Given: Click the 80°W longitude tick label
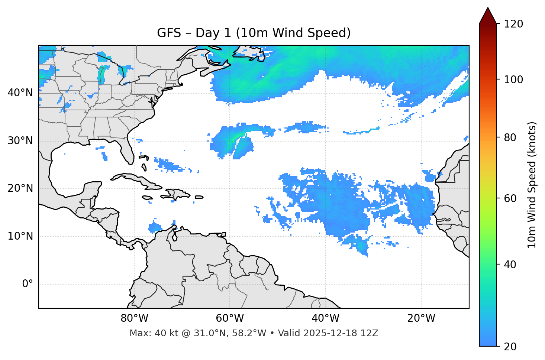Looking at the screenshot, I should (134, 318).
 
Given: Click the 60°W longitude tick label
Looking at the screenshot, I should (230, 318).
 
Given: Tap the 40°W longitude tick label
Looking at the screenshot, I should (325, 318).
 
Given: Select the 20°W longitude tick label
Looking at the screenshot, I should (421, 318).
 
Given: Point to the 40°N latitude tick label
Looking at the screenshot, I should (20, 93).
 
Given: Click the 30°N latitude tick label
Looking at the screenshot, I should (20, 141).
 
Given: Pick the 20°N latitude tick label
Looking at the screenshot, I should (20, 188).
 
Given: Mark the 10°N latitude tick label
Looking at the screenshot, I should (20, 236).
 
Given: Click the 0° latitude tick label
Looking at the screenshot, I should (28, 284).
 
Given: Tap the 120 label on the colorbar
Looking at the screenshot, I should (513, 24).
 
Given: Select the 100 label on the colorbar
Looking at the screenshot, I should (513, 80).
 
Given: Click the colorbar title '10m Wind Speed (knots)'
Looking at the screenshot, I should (532, 185).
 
